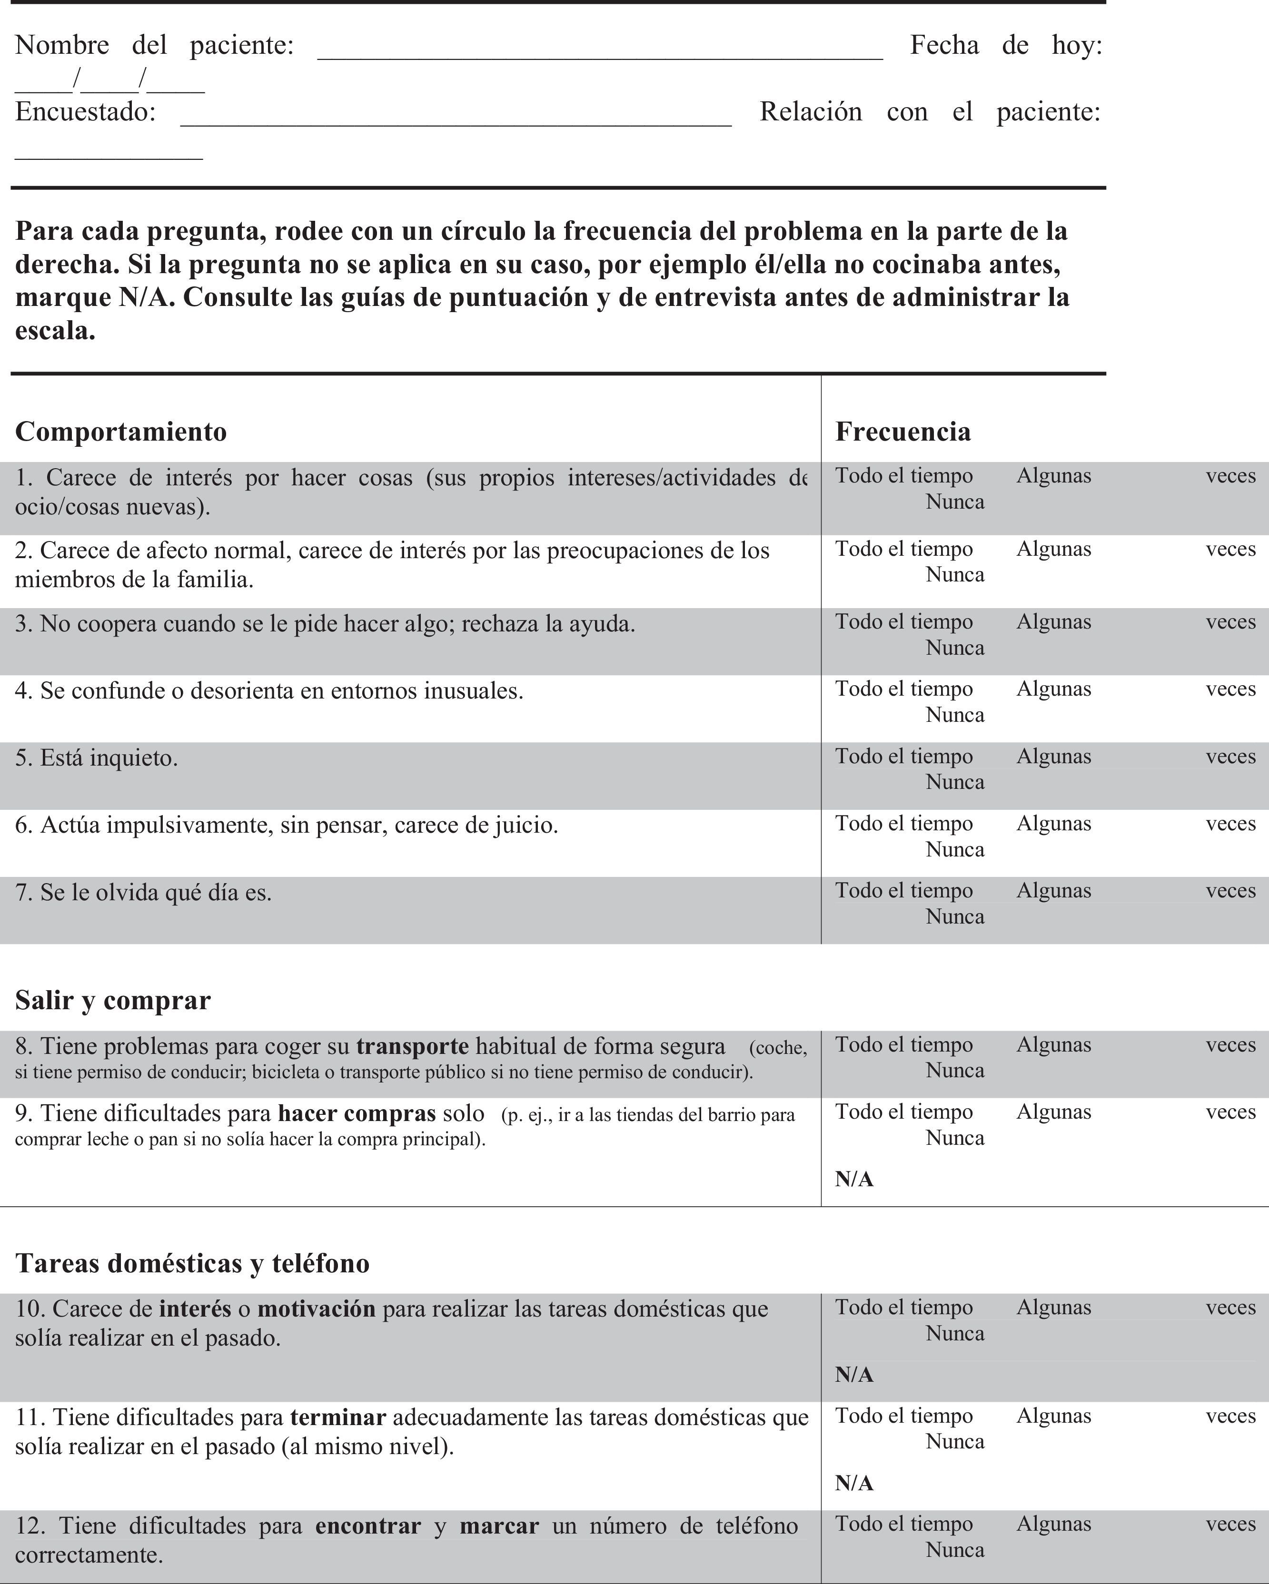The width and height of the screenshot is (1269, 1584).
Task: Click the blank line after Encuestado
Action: click(456, 120)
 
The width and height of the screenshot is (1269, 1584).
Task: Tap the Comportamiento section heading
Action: click(120, 431)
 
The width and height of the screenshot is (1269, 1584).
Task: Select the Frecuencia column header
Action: click(902, 431)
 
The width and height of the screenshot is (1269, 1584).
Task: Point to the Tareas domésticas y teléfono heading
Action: click(192, 1263)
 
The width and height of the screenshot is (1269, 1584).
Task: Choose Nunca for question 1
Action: click(954, 502)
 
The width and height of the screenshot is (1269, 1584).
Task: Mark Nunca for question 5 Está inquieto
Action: click(954, 782)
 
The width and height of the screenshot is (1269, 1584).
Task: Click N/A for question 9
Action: click(854, 1179)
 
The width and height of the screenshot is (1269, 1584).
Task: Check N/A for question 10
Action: click(854, 1375)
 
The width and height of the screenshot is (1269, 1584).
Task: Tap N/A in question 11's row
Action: click(854, 1483)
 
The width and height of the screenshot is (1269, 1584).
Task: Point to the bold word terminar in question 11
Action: click(338, 1417)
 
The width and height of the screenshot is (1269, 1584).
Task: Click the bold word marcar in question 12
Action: click(499, 1526)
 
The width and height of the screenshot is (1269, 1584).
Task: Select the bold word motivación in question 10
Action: click(316, 1309)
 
